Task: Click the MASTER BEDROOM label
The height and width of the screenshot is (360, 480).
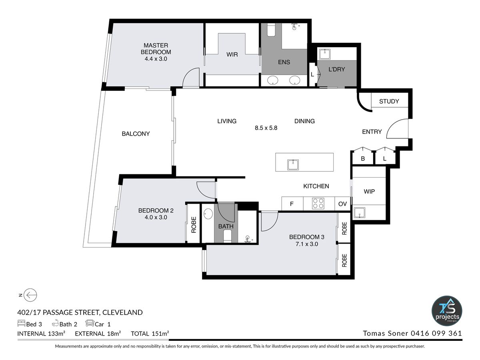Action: [x=156, y=49]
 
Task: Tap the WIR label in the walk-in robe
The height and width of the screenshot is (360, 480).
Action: [x=232, y=54]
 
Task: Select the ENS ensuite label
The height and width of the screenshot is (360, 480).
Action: [x=284, y=62]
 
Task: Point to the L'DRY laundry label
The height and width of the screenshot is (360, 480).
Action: [x=336, y=69]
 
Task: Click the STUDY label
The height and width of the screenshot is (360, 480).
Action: [x=389, y=102]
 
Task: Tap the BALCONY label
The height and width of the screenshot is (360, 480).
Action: [x=136, y=134]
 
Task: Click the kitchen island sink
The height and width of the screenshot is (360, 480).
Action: [x=293, y=164]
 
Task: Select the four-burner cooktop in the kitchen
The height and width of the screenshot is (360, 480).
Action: [x=318, y=203]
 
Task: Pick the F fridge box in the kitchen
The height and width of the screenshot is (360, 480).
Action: [x=292, y=204]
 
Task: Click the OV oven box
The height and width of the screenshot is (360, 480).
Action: [x=342, y=204]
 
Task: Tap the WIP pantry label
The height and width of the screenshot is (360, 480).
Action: [x=369, y=192]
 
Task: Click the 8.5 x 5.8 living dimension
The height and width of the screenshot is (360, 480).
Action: [x=266, y=128]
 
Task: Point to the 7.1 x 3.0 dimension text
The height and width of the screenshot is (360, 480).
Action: [x=306, y=244]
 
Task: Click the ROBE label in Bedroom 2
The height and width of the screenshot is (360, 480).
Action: [x=194, y=225]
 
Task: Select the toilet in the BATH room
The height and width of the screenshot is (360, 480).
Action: [x=227, y=237]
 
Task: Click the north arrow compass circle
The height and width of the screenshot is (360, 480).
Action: [x=30, y=295]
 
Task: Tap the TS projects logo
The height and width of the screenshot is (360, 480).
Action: [x=447, y=311]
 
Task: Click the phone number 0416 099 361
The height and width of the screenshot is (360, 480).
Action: [x=436, y=333]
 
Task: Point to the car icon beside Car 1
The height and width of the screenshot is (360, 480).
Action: [x=90, y=323]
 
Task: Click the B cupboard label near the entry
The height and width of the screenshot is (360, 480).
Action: [x=363, y=159]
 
